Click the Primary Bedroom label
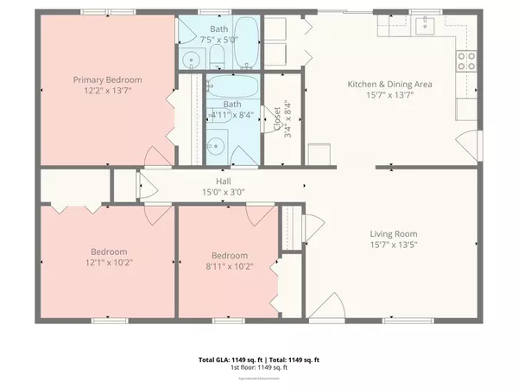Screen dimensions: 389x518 [x=107, y=80]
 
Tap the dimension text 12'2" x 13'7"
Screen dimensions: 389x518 [x=107, y=90]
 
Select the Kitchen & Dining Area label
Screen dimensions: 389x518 [x=389, y=84]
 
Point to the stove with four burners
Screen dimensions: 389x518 [x=467, y=61]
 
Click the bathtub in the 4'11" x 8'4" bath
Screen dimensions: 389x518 [x=232, y=87]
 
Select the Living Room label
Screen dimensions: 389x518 [x=394, y=233]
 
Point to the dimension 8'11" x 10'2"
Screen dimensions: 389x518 [x=230, y=266]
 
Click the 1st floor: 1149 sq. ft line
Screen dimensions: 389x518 [x=259, y=367]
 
